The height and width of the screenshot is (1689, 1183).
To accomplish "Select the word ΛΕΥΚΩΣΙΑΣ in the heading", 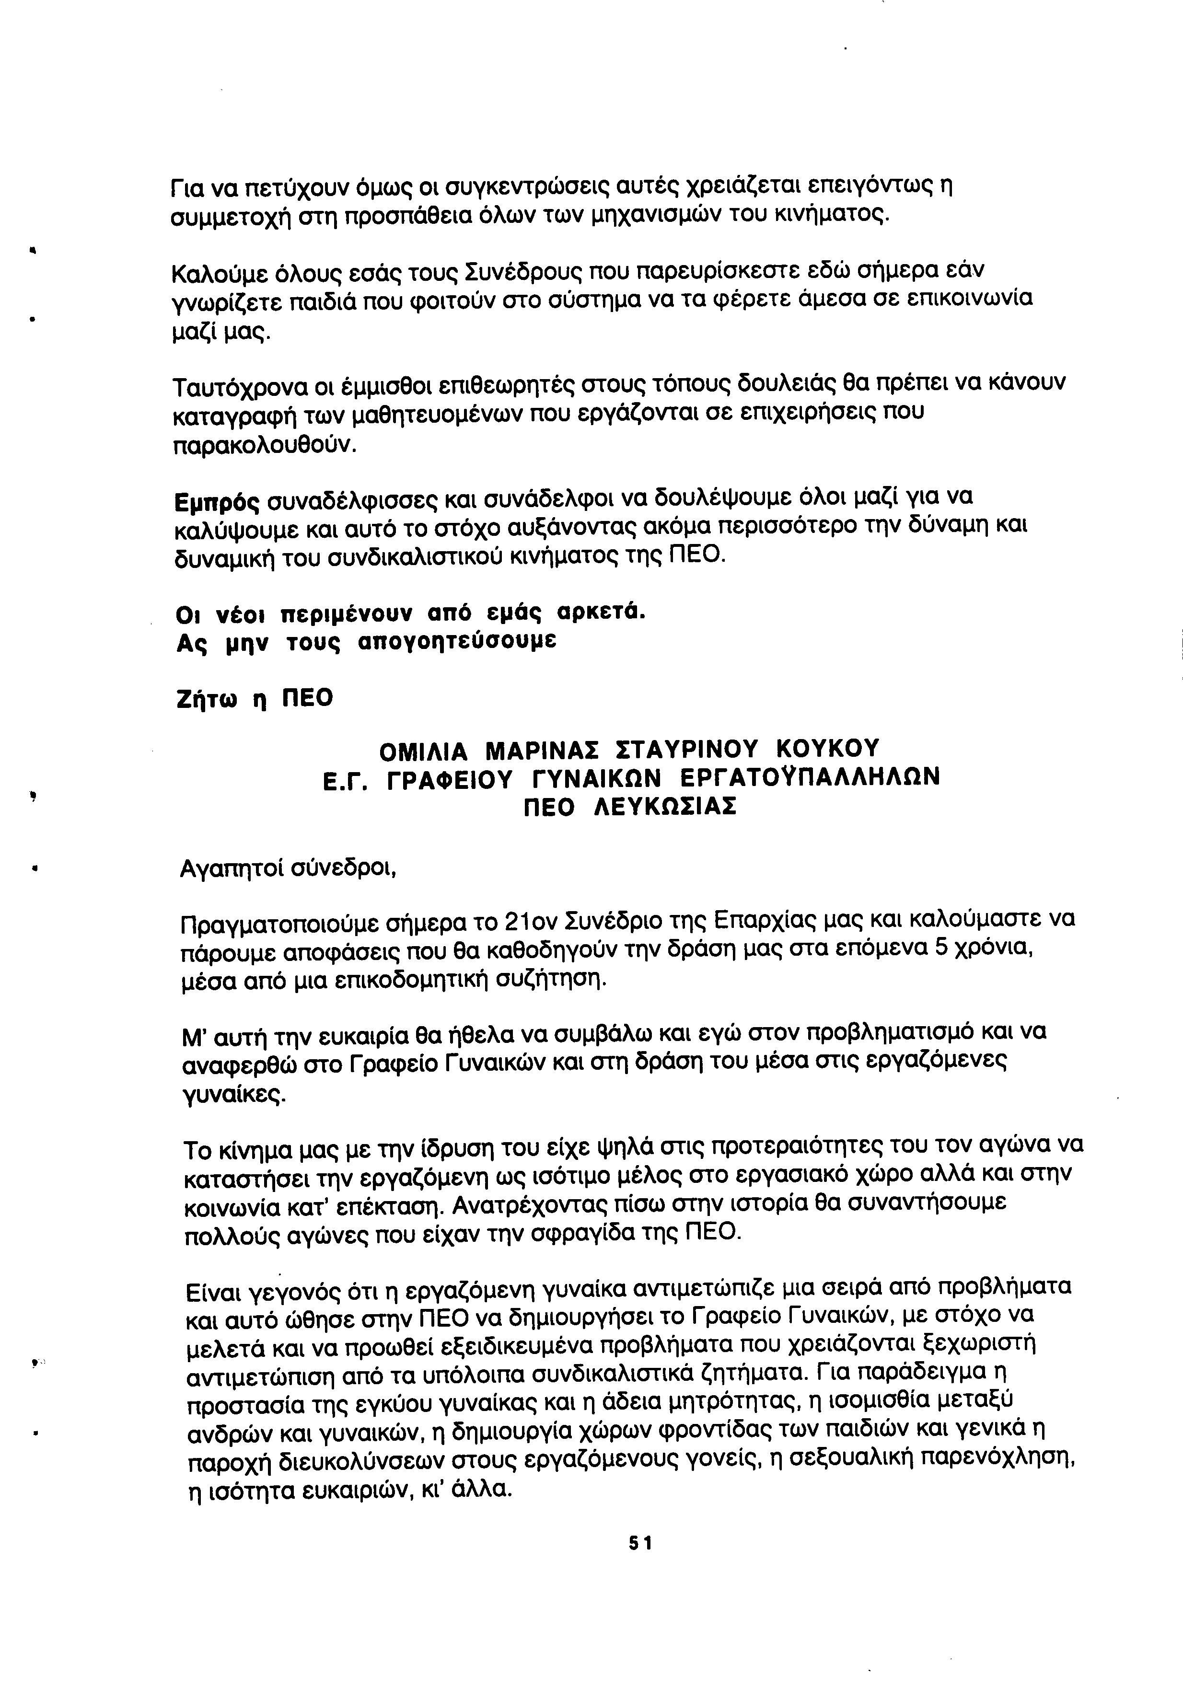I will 664,808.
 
